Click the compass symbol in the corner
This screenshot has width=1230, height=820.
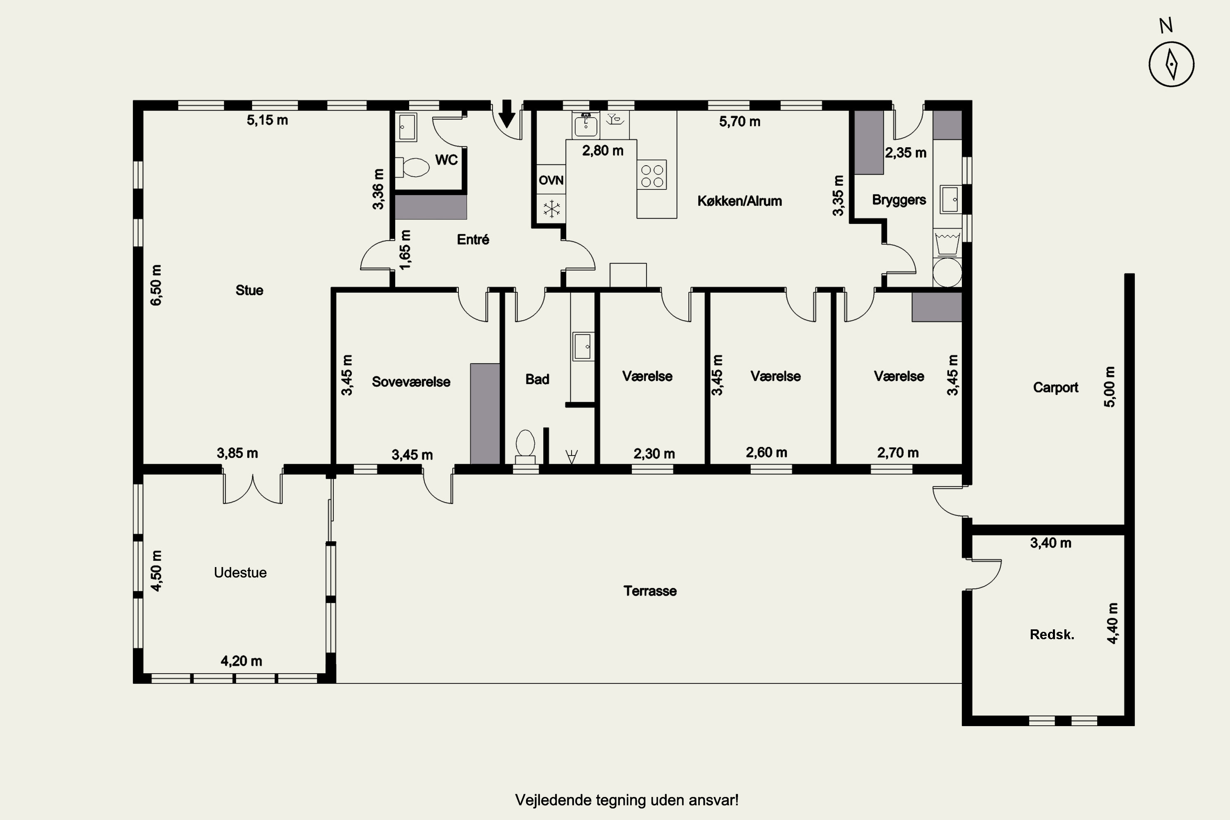1171,64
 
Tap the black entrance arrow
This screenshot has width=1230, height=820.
506,114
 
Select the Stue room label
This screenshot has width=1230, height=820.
249,290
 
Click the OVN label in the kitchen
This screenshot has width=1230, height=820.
551,180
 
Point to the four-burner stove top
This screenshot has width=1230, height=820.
651,175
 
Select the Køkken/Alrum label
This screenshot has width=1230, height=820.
740,201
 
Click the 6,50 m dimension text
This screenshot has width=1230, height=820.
156,285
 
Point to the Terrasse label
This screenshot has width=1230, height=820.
650,591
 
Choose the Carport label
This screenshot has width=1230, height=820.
1055,387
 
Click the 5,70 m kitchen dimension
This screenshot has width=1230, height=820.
740,122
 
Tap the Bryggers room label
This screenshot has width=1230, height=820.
899,200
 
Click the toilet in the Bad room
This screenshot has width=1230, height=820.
526,447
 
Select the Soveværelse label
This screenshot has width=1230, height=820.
411,382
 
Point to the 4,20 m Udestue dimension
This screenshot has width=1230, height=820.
241,661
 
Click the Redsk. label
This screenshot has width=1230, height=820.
1052,634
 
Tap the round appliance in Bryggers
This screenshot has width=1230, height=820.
948,271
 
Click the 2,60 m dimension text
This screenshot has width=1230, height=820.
766,452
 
